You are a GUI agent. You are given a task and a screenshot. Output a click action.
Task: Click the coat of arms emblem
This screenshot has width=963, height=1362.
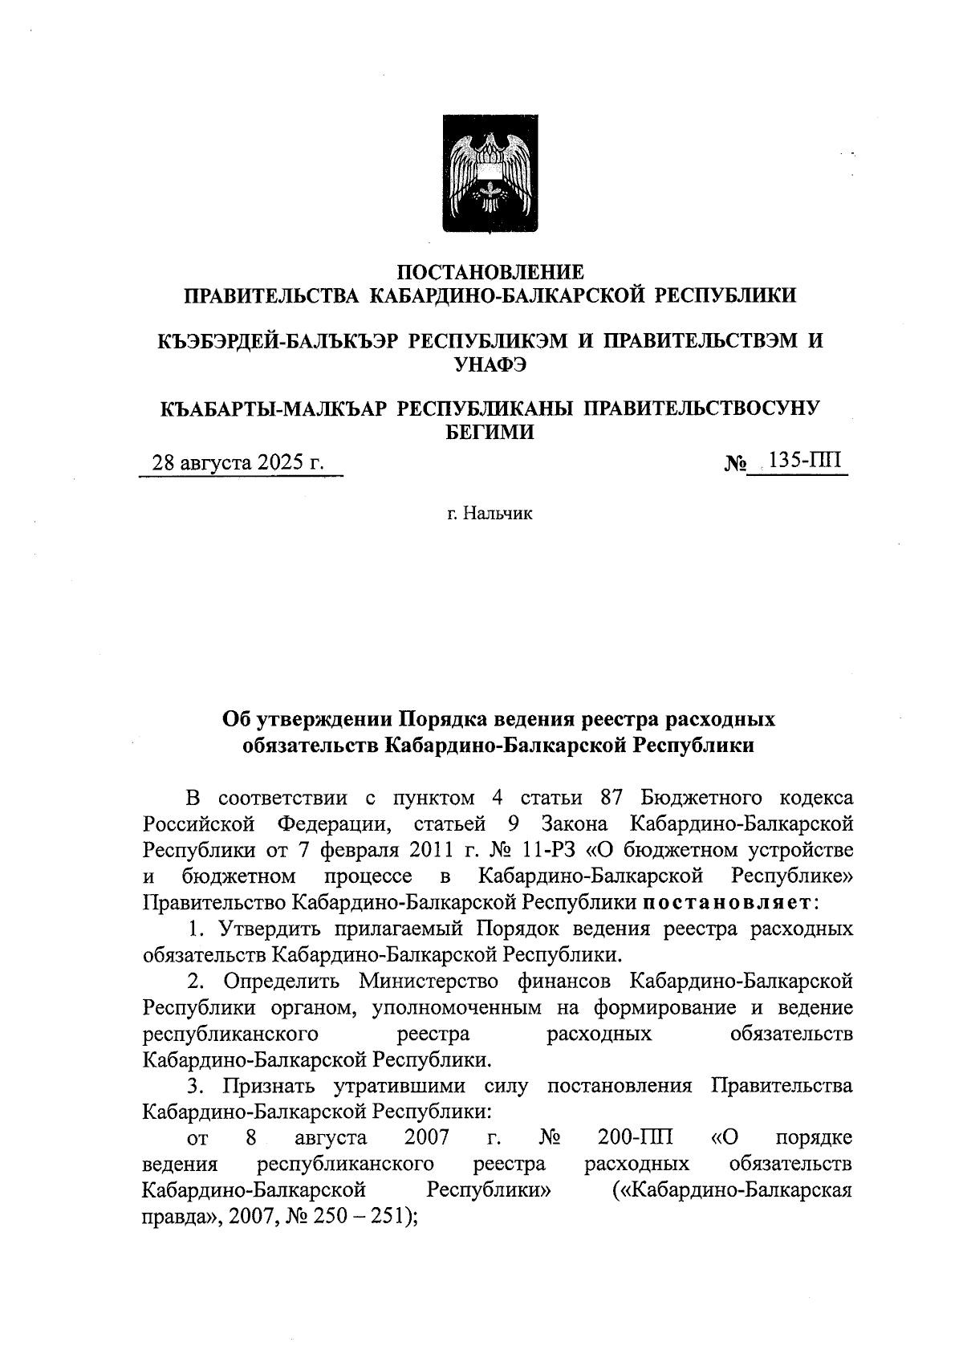point(490,174)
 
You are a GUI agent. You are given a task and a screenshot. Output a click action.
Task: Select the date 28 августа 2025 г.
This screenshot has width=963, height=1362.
point(238,464)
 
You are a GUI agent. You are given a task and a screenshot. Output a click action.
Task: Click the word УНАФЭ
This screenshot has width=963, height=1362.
point(490,365)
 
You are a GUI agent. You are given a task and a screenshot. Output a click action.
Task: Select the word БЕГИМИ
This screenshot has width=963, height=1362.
point(490,433)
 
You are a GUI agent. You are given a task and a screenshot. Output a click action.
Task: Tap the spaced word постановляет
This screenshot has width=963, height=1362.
point(729,902)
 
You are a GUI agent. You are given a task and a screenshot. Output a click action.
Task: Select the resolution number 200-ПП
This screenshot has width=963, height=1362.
point(635,1137)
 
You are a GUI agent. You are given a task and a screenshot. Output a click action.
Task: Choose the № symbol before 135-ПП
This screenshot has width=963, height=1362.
point(736,464)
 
